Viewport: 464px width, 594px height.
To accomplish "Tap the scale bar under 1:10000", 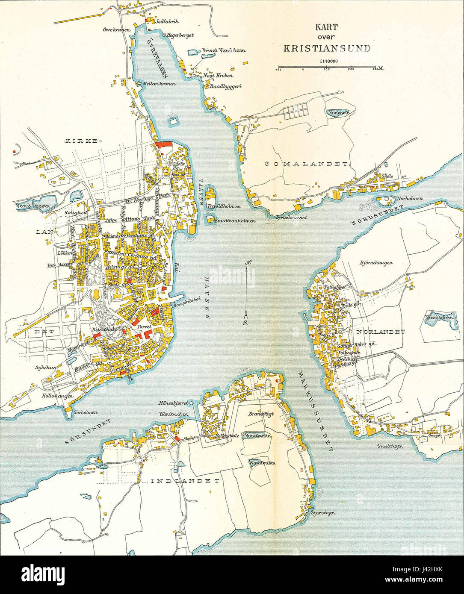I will pyautogui.click(x=327, y=68).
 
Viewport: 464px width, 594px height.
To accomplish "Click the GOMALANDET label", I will pyautogui.click(x=307, y=164).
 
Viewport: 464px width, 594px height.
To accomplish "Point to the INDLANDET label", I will pyautogui.click(x=185, y=481).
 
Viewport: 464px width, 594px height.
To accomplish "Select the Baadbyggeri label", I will pyautogui.click(x=225, y=86).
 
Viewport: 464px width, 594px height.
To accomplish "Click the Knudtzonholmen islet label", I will pyautogui.click(x=236, y=221).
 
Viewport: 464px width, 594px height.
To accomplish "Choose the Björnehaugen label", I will pyautogui.click(x=376, y=263).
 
